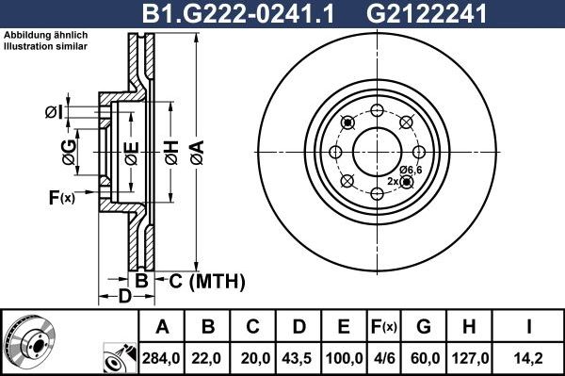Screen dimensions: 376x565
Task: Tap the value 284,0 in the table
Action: tap(162, 357)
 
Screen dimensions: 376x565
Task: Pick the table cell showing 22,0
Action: tap(208, 357)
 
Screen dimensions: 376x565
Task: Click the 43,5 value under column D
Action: tap(299, 357)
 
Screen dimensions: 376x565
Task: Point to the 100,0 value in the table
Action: tap(344, 357)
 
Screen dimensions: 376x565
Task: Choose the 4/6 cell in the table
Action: tap(384, 357)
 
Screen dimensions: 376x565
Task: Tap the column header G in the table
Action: tap(425, 327)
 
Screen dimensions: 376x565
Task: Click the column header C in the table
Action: tap(253, 327)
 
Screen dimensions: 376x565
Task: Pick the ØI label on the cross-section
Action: tap(54, 113)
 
